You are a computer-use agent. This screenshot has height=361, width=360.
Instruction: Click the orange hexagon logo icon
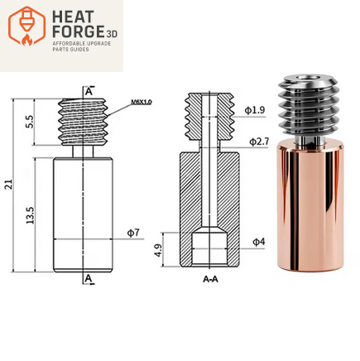pyautogui.click(x=26, y=26)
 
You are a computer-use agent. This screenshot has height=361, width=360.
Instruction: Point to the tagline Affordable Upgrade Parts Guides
pyautogui.click(x=81, y=46)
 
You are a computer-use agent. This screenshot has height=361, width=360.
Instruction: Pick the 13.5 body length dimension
pyautogui.click(x=29, y=217)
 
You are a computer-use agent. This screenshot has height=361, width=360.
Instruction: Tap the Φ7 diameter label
pyautogui.click(x=132, y=233)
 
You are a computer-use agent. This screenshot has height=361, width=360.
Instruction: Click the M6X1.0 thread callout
pyautogui.click(x=141, y=103)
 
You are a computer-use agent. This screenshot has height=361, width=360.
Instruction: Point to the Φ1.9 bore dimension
pyautogui.click(x=256, y=110)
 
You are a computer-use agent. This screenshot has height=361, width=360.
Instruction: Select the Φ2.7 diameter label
pyautogui.click(x=259, y=142)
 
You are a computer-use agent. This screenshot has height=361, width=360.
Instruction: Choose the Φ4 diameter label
pyautogui.click(x=257, y=241)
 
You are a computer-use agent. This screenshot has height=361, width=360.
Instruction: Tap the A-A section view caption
pyautogui.click(x=211, y=280)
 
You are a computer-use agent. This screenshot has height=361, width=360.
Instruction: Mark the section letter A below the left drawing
pyautogui.click(x=88, y=279)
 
